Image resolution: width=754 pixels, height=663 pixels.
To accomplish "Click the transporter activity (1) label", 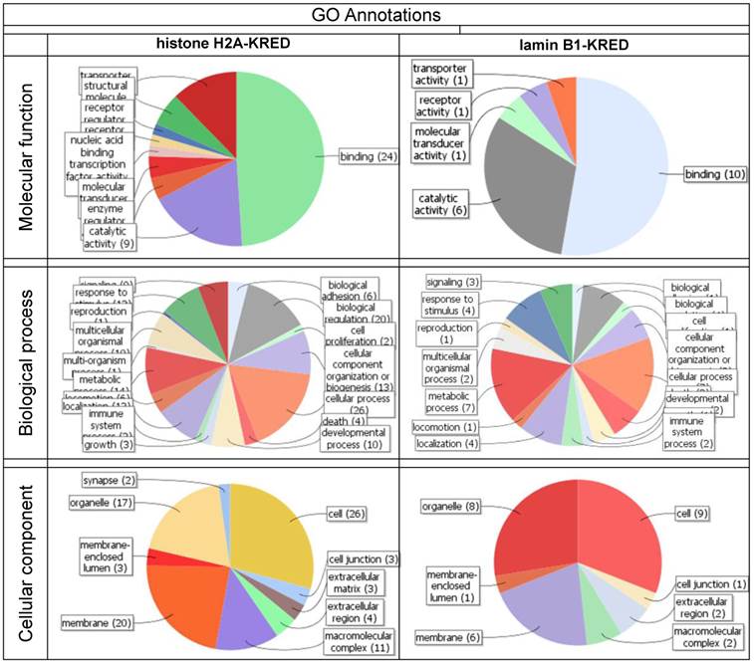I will pos(441,73).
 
